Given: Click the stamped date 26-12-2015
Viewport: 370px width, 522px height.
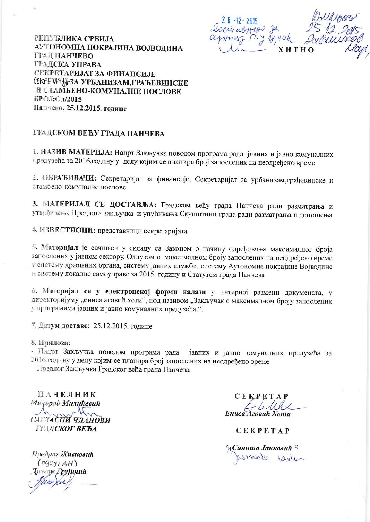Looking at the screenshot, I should (239, 21).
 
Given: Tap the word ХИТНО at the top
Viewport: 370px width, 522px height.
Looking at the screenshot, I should (296, 50).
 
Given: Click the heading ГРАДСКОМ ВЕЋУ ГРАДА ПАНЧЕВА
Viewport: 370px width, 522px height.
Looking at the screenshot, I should (98, 133).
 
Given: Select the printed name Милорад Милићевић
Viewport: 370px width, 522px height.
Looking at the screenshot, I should (65, 403).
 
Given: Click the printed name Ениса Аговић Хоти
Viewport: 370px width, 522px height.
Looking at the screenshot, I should (258, 414).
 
